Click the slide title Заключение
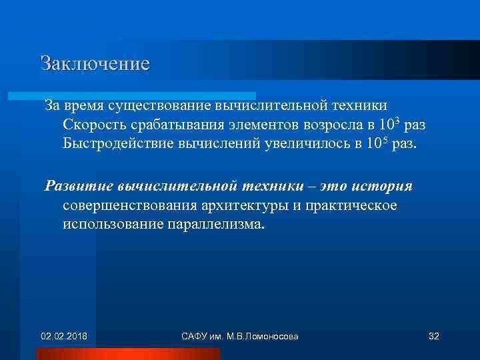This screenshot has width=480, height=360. [95, 63]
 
